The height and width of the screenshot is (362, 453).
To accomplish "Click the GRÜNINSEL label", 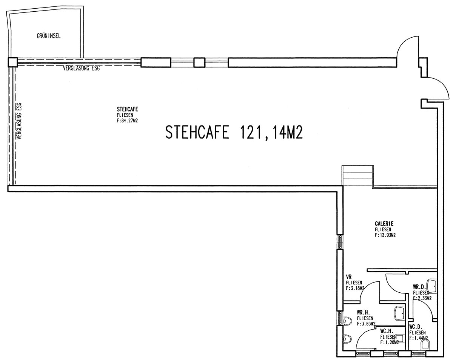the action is coord(49,36).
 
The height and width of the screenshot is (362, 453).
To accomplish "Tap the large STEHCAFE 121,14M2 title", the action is coord(234,132).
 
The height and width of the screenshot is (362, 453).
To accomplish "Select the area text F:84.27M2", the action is coord(127,121).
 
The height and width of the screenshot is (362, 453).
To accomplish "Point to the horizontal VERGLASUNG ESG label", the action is coord(81,68).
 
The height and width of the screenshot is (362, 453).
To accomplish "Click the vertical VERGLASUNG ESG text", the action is coord(19,121).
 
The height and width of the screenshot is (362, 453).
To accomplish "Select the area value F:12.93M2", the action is coord(385,235).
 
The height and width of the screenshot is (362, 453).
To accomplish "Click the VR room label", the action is coord(349,277).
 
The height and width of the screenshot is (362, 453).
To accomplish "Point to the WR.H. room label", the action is coord(363,312).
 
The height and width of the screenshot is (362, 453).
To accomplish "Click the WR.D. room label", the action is coord(419,287).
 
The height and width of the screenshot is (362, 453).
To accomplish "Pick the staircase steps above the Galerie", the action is coord(357,176).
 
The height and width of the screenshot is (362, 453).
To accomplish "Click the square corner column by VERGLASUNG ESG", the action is coord(12,62).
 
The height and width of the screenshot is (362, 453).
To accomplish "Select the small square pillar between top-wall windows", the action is coord(199,63).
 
